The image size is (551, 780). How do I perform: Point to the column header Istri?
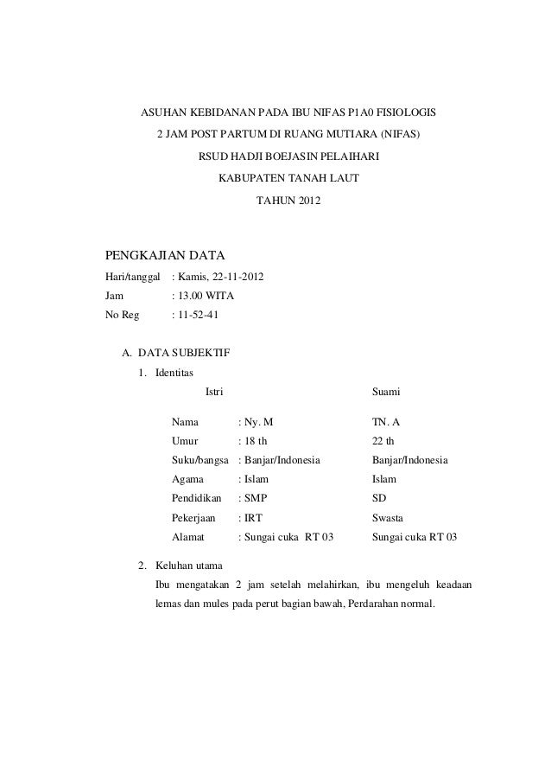[213, 393]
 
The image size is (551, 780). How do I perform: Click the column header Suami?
[386, 393]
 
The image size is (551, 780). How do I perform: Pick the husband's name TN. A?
[386, 423]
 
